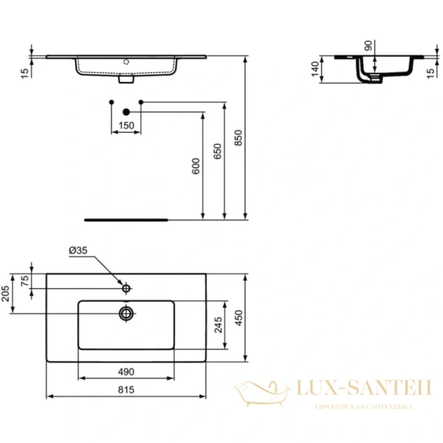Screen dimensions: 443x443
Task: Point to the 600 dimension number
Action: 196,167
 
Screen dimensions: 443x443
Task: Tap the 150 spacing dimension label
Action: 126,126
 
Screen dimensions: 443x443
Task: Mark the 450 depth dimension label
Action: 238,317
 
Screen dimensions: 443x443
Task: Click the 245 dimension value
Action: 217,325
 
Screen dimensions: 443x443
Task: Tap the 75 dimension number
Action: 24,281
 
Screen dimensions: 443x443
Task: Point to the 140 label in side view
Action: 315,71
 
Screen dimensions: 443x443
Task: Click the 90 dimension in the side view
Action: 368,45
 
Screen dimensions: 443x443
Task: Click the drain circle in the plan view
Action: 126,313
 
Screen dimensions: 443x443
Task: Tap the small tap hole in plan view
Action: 126,287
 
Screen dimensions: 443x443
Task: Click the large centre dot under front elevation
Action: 125,111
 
